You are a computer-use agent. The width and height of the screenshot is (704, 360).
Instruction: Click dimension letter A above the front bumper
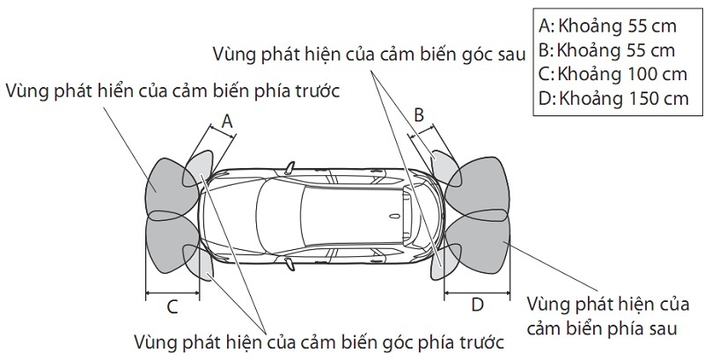(x=227, y=122)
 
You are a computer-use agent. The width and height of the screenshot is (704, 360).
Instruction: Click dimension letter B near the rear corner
(x=419, y=114)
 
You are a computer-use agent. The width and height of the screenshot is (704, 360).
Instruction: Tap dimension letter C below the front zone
(x=172, y=306)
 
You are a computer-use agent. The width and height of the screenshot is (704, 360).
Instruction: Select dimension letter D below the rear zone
(x=477, y=305)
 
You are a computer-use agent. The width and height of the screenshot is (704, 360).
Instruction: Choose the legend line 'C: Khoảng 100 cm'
(x=611, y=74)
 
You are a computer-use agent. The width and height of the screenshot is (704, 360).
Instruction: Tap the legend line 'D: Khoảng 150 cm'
(x=611, y=99)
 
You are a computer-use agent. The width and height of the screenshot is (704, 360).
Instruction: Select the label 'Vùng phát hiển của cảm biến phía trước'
(x=172, y=91)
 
